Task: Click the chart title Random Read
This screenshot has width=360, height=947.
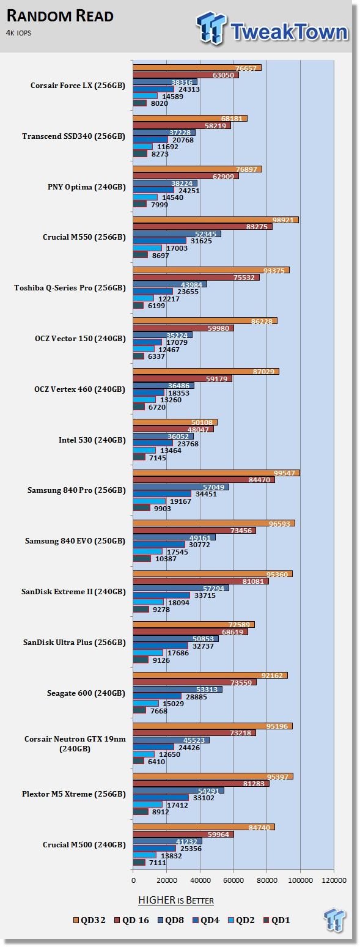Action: click(60, 16)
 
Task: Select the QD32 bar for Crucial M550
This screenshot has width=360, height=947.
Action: click(216, 220)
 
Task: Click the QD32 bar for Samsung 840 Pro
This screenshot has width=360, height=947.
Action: click(216, 473)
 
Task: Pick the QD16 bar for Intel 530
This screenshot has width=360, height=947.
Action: click(173, 429)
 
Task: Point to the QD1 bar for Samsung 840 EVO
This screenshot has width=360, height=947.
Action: click(142, 559)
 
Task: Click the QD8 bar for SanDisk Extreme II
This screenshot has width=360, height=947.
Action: click(181, 588)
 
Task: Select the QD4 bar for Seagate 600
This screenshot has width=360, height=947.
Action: click(157, 696)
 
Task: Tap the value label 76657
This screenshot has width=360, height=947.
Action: click(246, 68)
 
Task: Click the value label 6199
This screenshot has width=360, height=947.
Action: click(156, 306)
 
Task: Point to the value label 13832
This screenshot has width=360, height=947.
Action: click(171, 856)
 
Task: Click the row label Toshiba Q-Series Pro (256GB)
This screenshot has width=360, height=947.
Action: click(70, 288)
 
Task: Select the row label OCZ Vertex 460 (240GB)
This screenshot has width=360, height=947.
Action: click(80, 389)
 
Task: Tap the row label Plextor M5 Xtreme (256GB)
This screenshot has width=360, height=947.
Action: click(74, 794)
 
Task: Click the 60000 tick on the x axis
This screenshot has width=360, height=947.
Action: click(233, 880)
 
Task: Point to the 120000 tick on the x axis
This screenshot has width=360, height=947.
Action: click(334, 880)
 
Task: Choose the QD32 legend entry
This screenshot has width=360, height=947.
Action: click(89, 920)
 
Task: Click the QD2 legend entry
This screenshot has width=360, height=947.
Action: click(240, 920)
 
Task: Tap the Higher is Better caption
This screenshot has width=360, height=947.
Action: click(176, 901)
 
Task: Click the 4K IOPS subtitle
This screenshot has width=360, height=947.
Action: click(18, 33)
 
